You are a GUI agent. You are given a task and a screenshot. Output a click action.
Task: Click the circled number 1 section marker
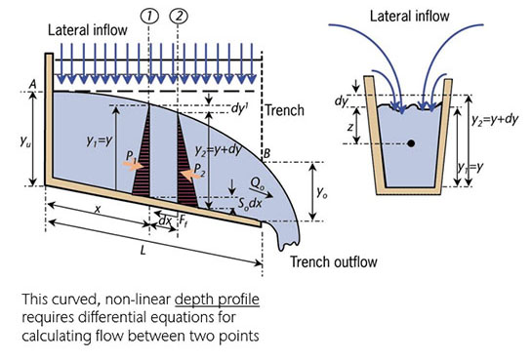[148, 17]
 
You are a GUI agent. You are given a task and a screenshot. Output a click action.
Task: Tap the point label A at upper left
[34, 86]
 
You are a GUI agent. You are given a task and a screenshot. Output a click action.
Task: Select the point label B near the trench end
[266, 153]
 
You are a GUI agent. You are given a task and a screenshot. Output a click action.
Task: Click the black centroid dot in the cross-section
[411, 143]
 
